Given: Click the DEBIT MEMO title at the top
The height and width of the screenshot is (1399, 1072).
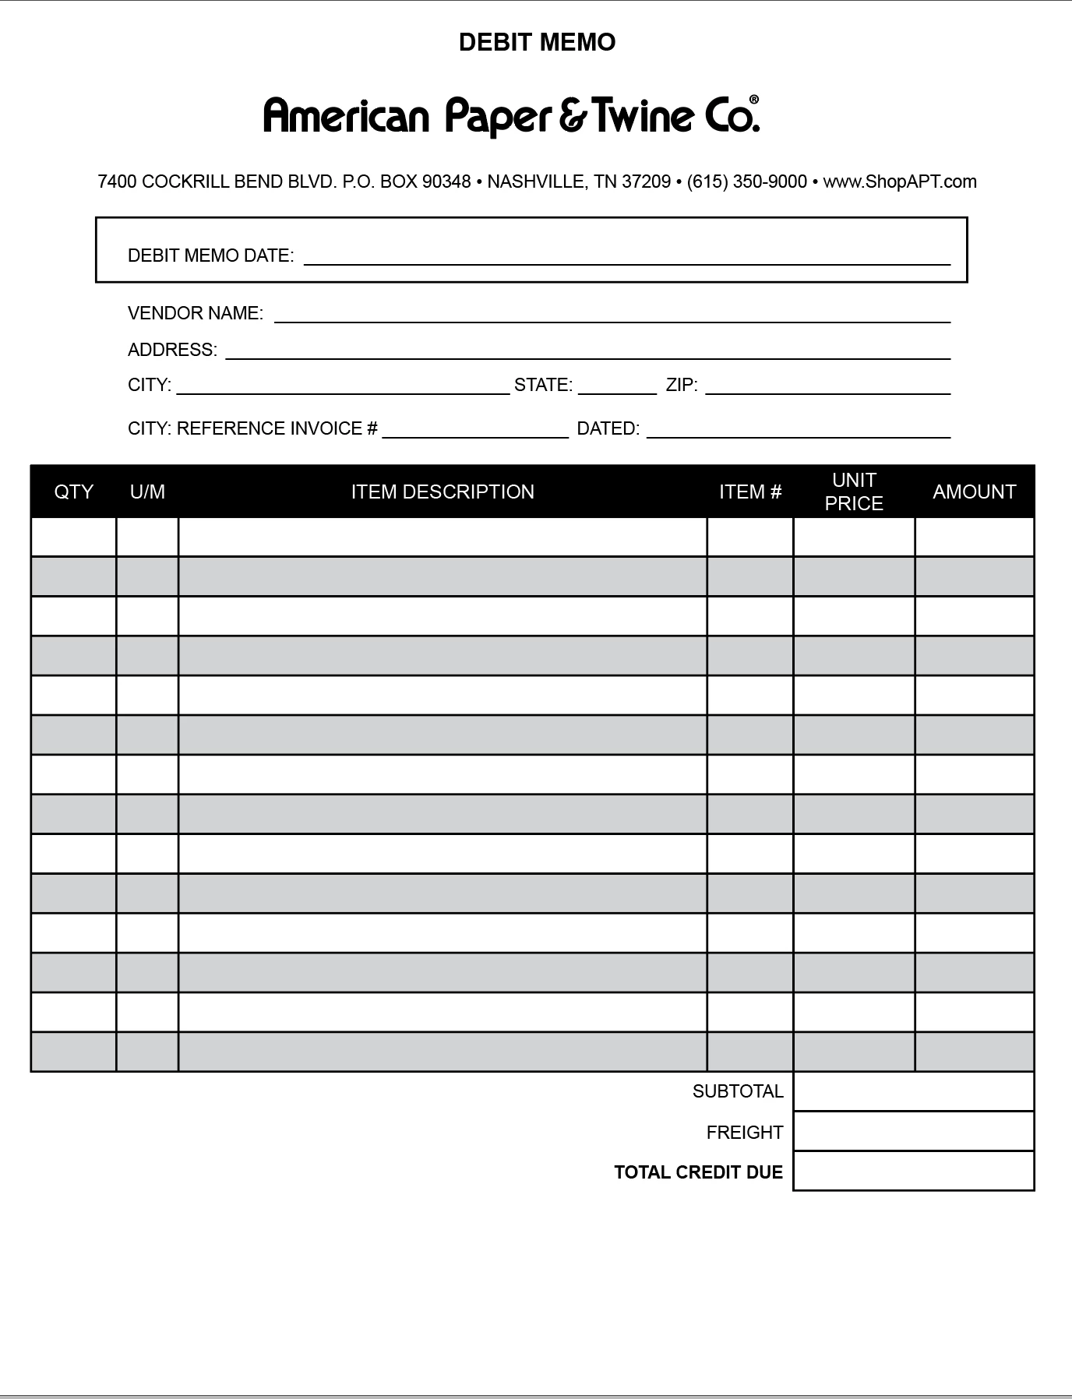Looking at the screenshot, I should [537, 42].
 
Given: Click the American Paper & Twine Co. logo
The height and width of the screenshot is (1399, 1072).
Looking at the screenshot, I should [511, 115].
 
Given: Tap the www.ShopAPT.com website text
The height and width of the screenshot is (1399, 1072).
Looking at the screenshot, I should [899, 181].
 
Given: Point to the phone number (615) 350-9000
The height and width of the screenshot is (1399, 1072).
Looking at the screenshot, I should [746, 181].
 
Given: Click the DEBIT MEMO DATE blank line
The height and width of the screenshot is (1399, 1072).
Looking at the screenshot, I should [626, 258].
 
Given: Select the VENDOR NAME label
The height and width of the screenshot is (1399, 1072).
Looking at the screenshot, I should [195, 313].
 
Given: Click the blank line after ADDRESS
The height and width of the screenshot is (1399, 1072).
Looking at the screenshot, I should [587, 351].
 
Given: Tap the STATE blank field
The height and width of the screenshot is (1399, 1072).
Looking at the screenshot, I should [617, 388].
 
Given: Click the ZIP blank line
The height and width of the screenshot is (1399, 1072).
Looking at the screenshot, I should [827, 388].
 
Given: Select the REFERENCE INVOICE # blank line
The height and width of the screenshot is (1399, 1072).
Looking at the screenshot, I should [475, 432].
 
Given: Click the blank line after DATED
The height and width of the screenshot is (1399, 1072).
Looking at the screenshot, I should [799, 432].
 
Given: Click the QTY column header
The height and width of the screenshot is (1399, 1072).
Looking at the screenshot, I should [74, 492].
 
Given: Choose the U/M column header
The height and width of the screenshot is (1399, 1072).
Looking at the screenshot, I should [147, 492].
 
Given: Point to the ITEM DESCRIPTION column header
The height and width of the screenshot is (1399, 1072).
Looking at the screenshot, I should [443, 492].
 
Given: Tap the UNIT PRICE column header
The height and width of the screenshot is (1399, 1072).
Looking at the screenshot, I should [854, 492].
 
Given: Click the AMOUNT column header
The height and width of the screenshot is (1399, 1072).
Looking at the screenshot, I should [974, 492].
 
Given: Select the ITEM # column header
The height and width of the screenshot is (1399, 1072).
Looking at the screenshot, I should [749, 492].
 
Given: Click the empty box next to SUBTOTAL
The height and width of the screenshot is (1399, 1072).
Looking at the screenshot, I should [913, 1091].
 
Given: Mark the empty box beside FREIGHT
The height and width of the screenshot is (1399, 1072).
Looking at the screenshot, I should [913, 1131].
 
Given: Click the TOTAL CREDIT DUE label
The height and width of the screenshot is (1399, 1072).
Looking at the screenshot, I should [698, 1172].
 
